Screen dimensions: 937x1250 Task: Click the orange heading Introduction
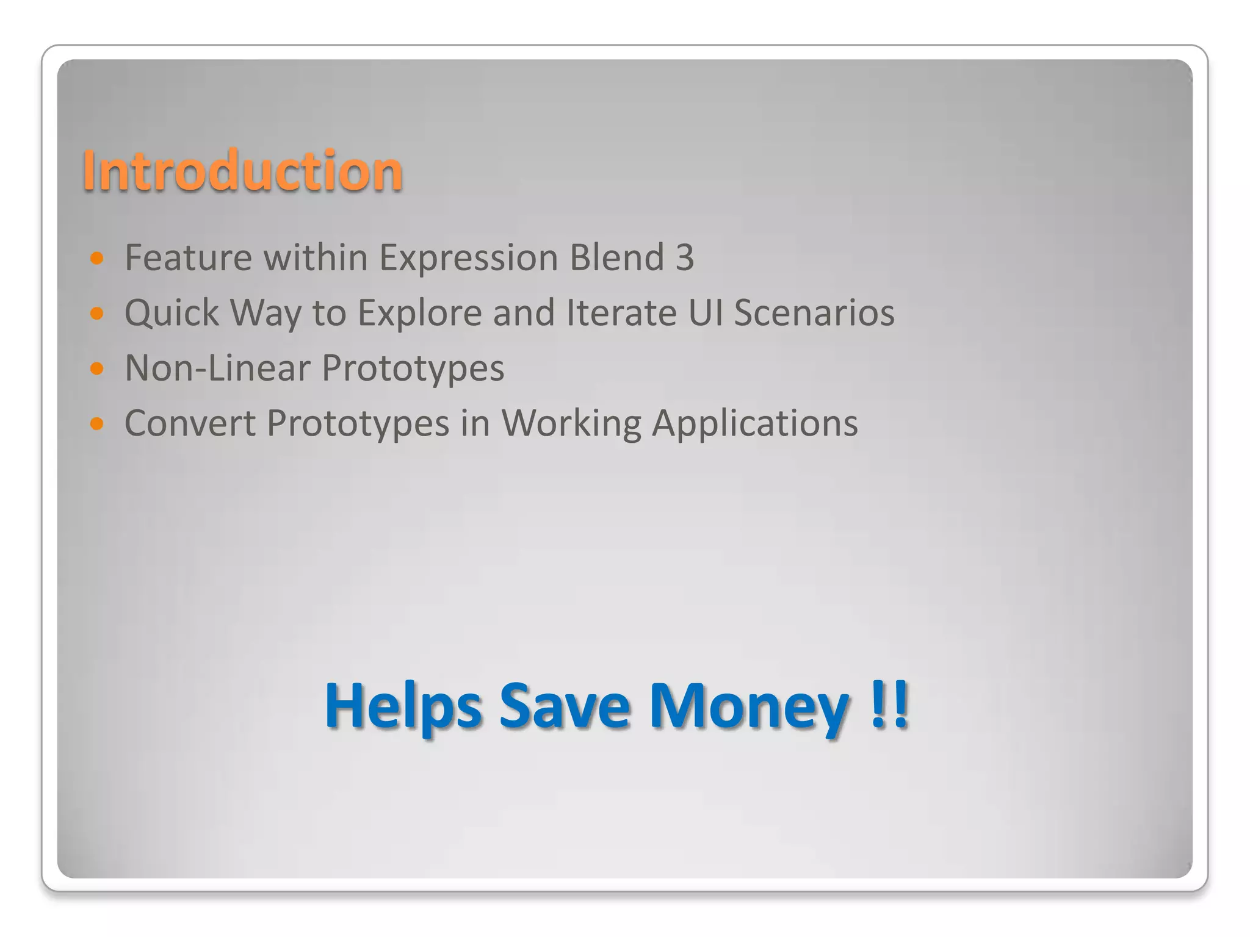tap(242, 171)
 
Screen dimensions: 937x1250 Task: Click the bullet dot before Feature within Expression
tap(97, 258)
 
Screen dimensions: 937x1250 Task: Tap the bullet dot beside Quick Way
tap(97, 314)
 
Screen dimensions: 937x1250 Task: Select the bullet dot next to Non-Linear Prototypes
tap(97, 368)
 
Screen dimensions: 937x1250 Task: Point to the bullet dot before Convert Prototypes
tap(97, 423)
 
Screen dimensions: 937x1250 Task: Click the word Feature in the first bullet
tap(188, 257)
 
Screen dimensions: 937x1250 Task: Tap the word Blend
tap(616, 257)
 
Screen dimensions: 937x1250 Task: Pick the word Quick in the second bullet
tap(172, 314)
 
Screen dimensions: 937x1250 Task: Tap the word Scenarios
tap(814, 313)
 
